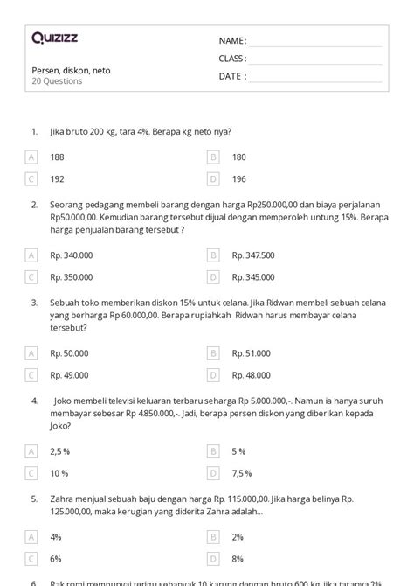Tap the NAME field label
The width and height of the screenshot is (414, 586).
click(x=232, y=41)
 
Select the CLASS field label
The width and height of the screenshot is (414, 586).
click(x=232, y=59)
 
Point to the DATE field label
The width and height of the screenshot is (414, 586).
click(x=232, y=76)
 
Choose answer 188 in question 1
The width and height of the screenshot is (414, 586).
click(x=58, y=157)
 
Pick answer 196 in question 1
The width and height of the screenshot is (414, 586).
click(x=239, y=178)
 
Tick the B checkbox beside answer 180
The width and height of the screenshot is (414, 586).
click(x=212, y=157)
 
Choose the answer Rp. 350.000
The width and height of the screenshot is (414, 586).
click(x=72, y=276)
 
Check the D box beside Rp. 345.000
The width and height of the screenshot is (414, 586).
click(x=212, y=276)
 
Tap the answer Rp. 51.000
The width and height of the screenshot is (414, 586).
click(x=251, y=352)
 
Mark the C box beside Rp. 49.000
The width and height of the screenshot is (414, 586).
click(x=31, y=374)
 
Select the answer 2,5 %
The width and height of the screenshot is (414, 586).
click(x=60, y=451)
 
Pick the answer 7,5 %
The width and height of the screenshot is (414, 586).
click(x=242, y=473)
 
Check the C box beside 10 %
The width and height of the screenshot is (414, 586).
click(x=31, y=473)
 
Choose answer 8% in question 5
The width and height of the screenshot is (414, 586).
click(x=238, y=558)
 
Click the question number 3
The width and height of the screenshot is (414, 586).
click(x=33, y=303)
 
